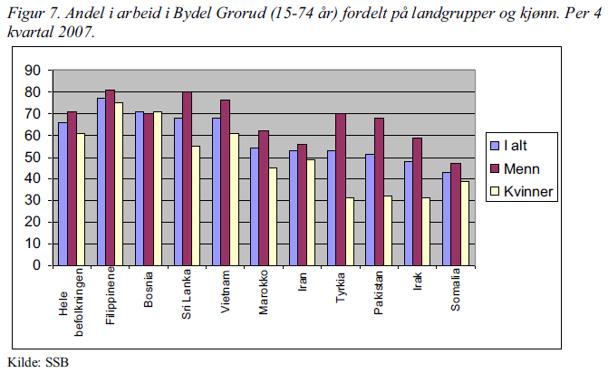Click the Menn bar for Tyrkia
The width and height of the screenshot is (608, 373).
[341, 189]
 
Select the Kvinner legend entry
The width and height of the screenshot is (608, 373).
[528, 191]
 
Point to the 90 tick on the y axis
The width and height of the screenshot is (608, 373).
[36, 71]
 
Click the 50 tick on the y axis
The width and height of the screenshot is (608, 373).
[36, 158]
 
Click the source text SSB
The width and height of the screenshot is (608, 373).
[55, 363]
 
